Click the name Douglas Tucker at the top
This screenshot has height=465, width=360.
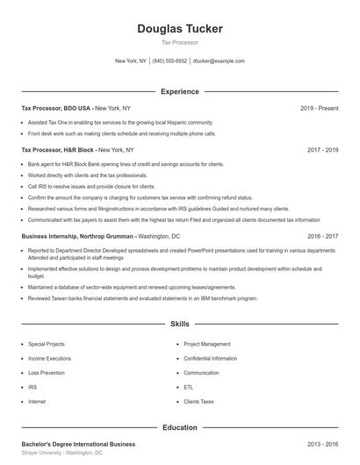pos(180,29)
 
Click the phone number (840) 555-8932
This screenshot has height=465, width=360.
pos(169,61)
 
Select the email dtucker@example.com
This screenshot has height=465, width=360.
pos(219,61)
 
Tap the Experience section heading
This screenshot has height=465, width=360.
pos(180,91)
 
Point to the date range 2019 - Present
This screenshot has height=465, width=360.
pos(319,108)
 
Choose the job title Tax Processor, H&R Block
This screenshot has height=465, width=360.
pos(58,150)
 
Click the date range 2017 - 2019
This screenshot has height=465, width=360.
pos(322,150)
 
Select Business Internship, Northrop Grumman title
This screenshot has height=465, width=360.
pos(77,236)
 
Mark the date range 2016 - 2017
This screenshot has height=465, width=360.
pos(322,236)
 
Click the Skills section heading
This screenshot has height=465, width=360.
pos(180,324)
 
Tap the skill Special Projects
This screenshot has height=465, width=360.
pos(47,345)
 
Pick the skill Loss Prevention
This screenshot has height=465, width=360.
pos(46,373)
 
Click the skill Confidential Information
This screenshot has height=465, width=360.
pos(210,359)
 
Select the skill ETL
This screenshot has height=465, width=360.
pos(189,387)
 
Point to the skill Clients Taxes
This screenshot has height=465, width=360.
pos(198,401)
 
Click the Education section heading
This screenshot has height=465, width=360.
pos(180,427)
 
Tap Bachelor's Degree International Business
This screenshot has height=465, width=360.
pos(78,444)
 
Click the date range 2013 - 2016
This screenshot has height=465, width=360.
pos(322,444)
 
